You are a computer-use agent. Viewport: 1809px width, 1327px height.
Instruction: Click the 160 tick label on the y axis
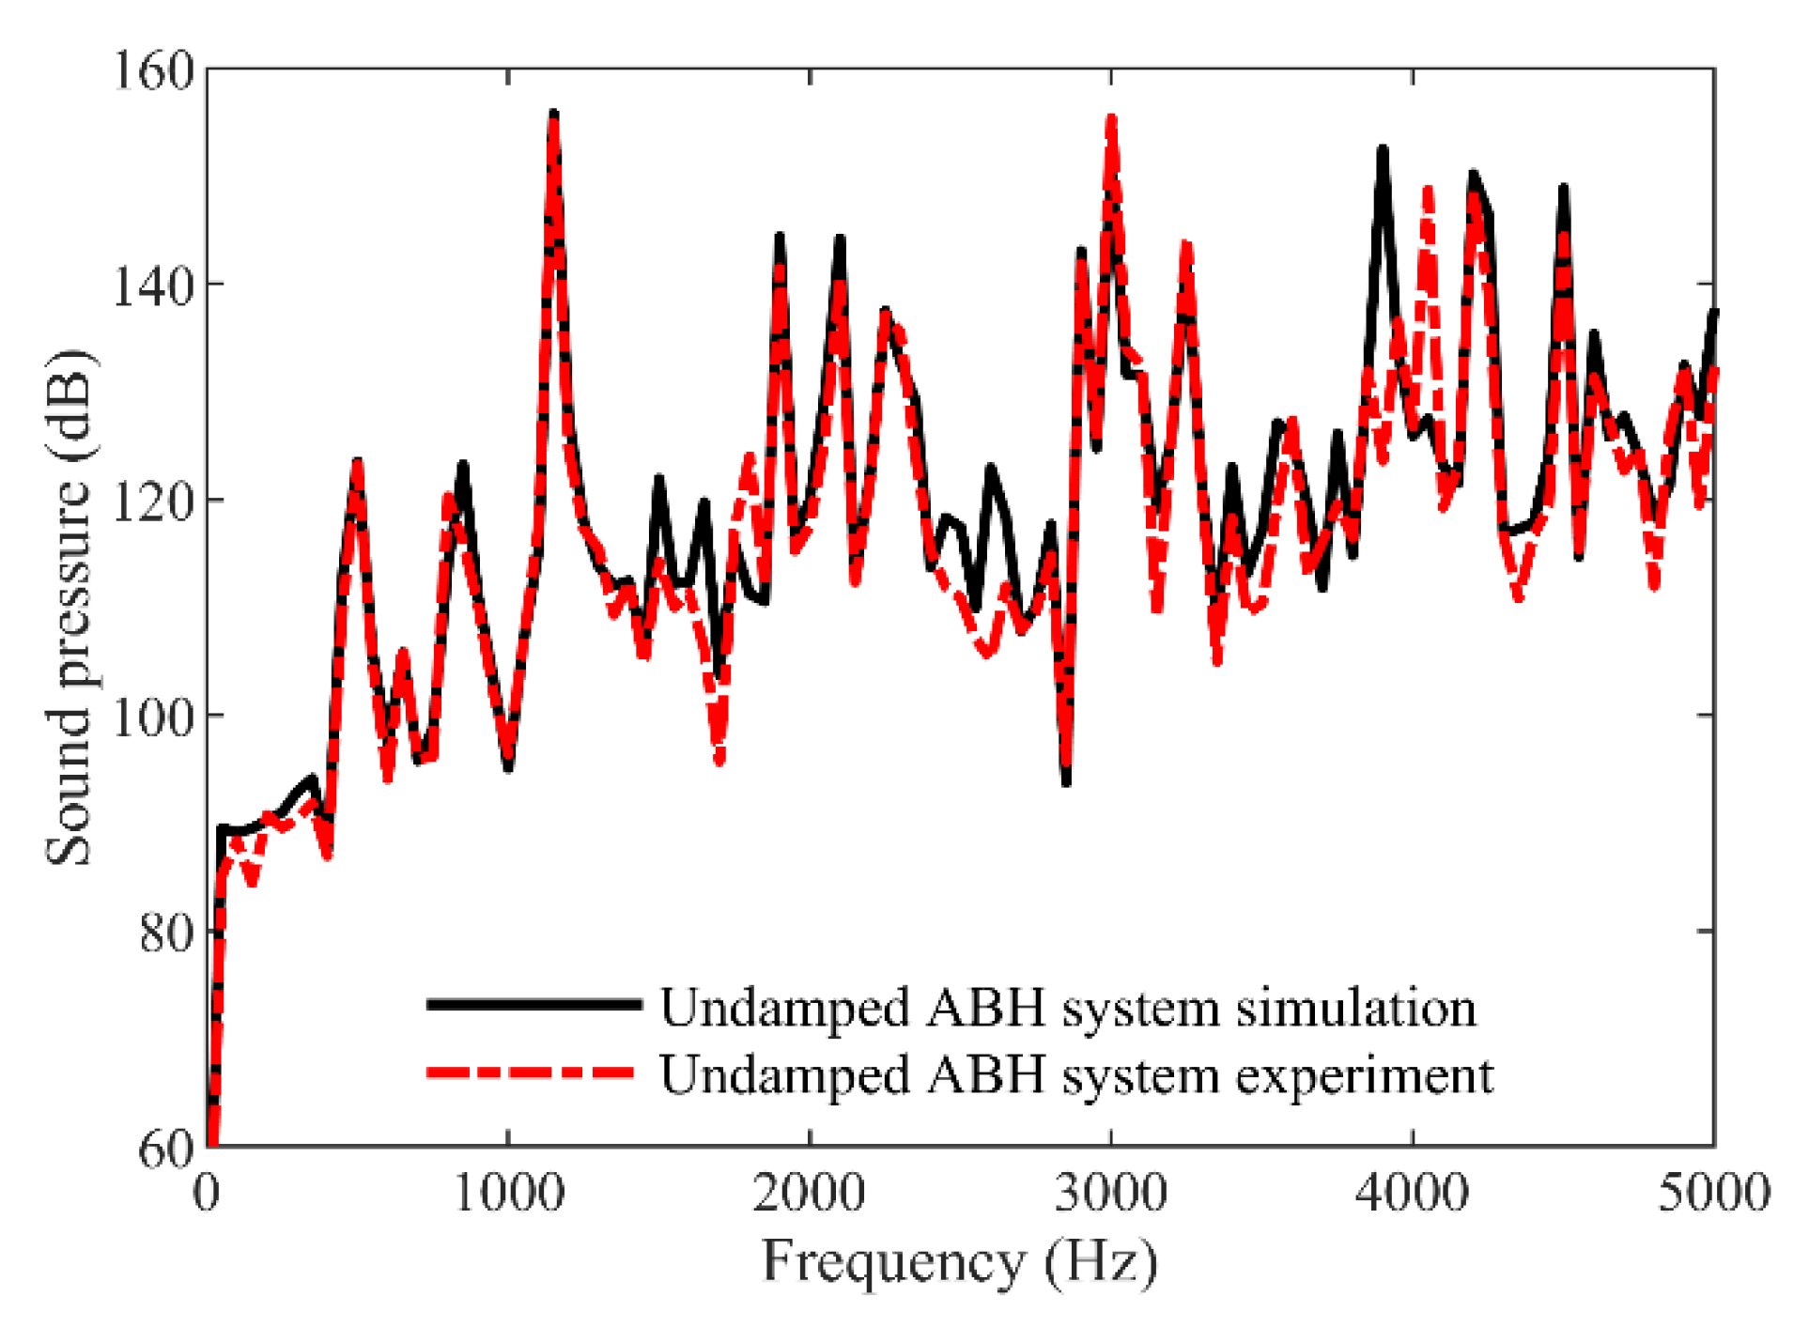[x=153, y=69]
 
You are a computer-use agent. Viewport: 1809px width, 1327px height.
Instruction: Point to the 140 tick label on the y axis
[x=153, y=285]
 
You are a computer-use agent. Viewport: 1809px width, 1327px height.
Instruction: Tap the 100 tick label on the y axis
[x=153, y=716]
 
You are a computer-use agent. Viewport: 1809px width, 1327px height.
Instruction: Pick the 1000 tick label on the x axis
[x=508, y=1193]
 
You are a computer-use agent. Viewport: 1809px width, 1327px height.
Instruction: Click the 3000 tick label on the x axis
[x=1111, y=1193]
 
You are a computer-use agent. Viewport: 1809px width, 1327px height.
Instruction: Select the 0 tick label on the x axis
[x=207, y=1193]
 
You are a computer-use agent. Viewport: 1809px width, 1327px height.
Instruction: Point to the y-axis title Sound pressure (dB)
[x=70, y=608]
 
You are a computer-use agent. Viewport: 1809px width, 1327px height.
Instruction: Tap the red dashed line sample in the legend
[x=532, y=1072]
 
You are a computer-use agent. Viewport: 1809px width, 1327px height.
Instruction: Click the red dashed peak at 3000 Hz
[x=1112, y=119]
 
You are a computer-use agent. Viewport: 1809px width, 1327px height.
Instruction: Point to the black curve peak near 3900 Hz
[x=1383, y=150]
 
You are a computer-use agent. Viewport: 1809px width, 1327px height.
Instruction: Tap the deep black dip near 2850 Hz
[x=1066, y=781]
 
